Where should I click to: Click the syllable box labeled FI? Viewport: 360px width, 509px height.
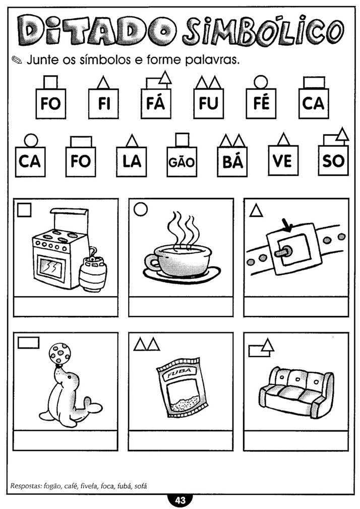pyautogui.click(x=103, y=103)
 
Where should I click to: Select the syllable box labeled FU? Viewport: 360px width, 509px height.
pyautogui.click(x=209, y=103)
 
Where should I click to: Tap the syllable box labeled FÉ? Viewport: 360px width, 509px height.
pyautogui.click(x=261, y=103)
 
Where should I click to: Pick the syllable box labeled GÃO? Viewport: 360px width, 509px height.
pyautogui.click(x=182, y=161)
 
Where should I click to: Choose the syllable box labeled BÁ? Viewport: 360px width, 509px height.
pyautogui.click(x=232, y=161)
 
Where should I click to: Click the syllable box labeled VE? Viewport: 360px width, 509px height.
pyautogui.click(x=283, y=161)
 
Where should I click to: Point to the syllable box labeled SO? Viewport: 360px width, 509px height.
pyautogui.click(x=333, y=161)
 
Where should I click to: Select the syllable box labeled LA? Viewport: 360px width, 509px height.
pyautogui.click(x=132, y=161)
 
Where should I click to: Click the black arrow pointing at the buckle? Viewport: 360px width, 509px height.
pyautogui.click(x=287, y=227)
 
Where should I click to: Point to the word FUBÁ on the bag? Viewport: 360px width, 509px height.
pyautogui.click(x=177, y=373)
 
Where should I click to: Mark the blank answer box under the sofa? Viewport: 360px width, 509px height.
pyautogui.click(x=296, y=441)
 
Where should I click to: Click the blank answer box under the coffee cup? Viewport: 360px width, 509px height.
pyautogui.click(x=181, y=307)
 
